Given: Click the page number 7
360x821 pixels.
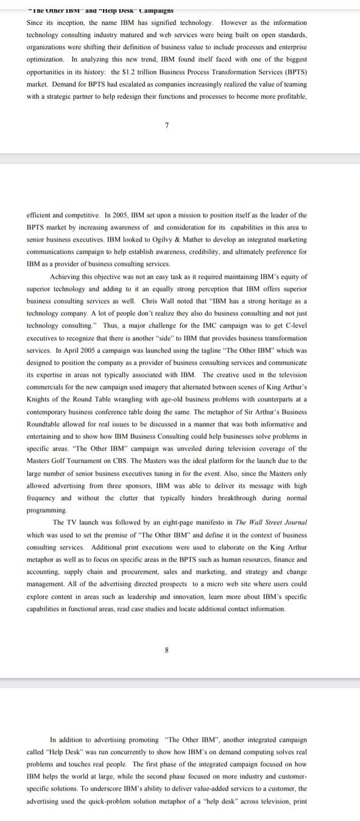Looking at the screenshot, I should (166, 125).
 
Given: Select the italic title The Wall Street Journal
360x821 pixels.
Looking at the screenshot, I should (272, 522).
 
